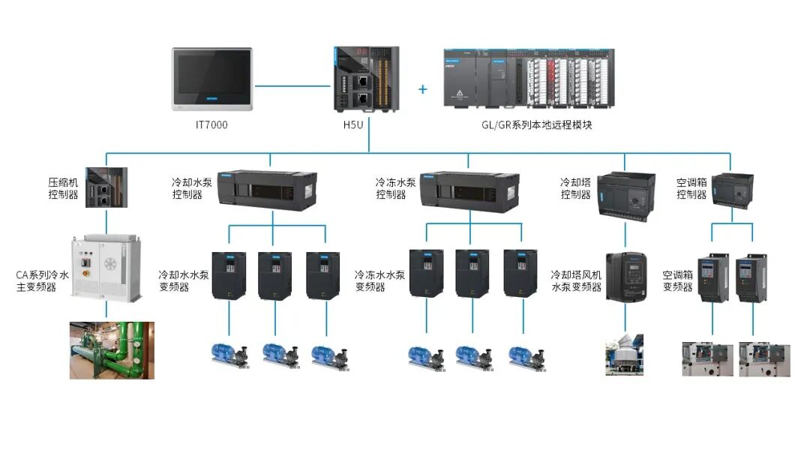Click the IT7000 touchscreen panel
point(212,79)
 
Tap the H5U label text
point(352,124)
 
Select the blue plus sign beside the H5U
point(423,89)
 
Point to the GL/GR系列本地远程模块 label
point(536,124)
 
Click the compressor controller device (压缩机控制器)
point(106,187)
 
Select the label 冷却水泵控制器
point(187,188)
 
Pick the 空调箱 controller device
point(731,191)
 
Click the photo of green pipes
point(112,350)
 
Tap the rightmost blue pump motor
point(525,355)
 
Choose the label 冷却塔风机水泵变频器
point(576,281)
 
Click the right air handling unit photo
point(763,359)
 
